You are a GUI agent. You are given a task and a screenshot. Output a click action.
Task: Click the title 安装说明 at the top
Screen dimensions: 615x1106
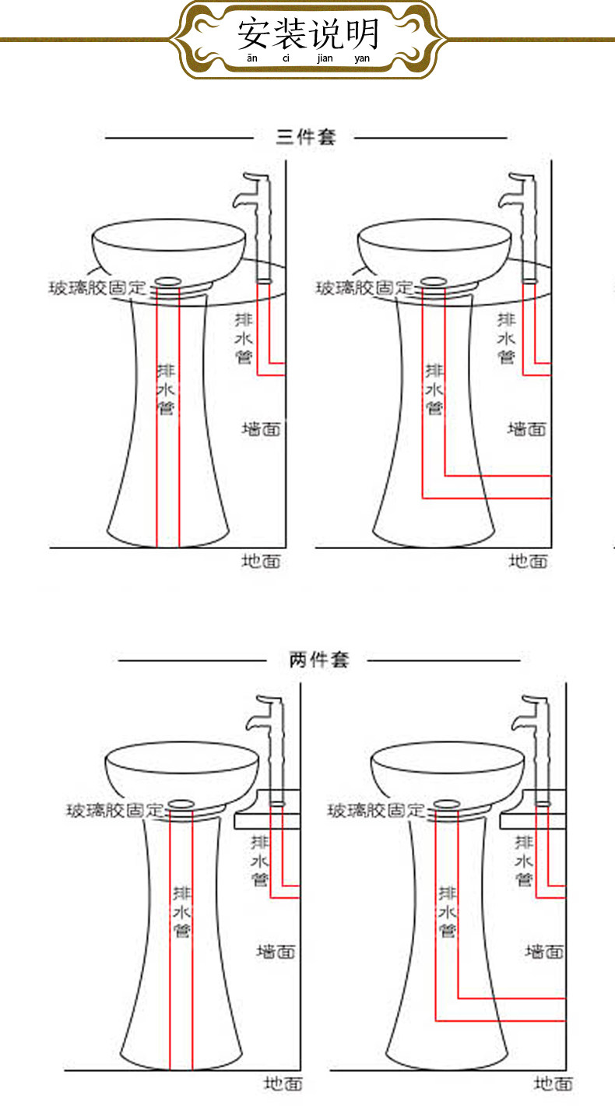[x=308, y=33]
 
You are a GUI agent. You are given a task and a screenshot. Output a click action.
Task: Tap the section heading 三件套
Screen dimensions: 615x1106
[x=306, y=137]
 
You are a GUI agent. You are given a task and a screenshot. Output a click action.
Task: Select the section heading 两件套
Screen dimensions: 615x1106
[x=319, y=660]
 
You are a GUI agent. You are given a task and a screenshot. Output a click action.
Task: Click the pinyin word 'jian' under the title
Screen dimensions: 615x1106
[x=325, y=58]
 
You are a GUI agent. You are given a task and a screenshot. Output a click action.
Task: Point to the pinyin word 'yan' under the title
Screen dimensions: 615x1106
[x=362, y=58]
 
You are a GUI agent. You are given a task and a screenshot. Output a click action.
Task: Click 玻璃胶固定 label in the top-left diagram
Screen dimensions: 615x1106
[x=98, y=287]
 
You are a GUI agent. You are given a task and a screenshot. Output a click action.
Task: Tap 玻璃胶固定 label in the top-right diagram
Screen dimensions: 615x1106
[x=365, y=287]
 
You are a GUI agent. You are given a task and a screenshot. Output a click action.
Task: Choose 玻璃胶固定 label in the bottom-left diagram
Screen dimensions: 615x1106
[x=115, y=810]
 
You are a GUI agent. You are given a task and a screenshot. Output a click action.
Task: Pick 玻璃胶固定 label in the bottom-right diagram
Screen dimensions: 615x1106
[x=376, y=810]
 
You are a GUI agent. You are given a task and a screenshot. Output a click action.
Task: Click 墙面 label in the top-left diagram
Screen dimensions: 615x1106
[x=261, y=429]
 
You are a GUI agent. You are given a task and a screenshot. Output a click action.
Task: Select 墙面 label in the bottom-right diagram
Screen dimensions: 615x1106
[x=544, y=952]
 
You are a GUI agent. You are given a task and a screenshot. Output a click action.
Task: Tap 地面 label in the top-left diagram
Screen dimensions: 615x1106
[x=261, y=561]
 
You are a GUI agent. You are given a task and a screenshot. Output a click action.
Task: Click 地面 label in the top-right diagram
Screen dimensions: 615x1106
[x=528, y=561]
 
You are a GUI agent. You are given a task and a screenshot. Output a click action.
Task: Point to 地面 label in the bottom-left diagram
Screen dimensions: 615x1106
[x=283, y=1083]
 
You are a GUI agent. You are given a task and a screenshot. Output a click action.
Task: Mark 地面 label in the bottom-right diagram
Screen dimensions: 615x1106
[x=553, y=1083]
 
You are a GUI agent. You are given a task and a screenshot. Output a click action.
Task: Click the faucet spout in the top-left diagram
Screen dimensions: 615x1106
[x=242, y=200]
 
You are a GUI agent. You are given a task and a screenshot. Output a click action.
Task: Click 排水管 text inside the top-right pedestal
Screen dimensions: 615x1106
[x=434, y=389]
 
